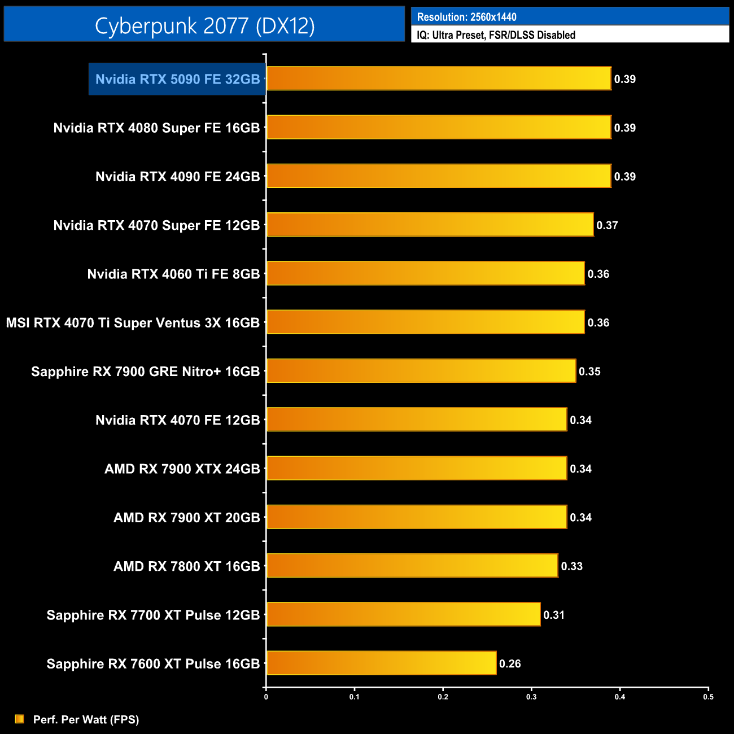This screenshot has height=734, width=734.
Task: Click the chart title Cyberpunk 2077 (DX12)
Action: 204,25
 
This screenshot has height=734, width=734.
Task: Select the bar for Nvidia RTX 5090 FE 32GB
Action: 439,78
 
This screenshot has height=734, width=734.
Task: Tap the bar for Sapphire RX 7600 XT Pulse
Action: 381,663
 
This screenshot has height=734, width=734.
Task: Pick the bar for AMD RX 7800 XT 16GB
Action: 412,566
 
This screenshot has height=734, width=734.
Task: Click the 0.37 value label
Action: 607,225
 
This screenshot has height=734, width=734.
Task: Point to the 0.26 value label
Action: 510,663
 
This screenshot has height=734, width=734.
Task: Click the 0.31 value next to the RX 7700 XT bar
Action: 554,615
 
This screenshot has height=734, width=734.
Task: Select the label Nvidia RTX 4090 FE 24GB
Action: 177,177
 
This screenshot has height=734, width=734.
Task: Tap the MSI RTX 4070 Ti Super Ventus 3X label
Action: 133,323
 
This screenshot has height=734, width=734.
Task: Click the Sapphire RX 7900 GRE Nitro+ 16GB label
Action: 145,372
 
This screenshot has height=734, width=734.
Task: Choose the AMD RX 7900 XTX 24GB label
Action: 182,469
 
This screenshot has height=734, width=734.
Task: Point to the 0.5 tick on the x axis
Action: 708,697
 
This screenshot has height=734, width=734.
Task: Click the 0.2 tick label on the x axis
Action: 443,697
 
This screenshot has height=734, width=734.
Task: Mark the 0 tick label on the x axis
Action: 266,697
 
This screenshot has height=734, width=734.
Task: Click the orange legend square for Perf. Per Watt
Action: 20,719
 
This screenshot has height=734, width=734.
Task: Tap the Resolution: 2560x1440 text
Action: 466,17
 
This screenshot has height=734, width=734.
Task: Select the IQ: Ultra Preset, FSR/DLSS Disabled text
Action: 496,35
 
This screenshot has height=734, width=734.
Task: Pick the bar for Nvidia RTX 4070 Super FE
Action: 430,225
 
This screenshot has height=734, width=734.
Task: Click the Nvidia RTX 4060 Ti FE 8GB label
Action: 173,274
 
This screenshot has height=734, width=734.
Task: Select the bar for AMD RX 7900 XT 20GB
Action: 417,517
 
